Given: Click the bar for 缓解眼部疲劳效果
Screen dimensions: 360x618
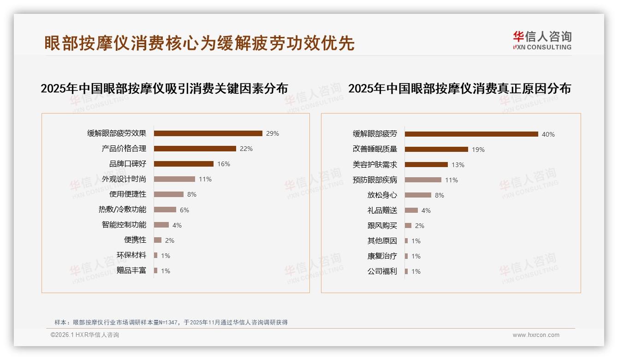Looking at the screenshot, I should click(208, 133).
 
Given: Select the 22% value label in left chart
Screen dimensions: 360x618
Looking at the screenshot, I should click(246, 149).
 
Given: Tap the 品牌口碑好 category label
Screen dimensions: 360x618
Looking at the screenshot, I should click(128, 164).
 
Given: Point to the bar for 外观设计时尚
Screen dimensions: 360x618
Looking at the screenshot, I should click(174, 179).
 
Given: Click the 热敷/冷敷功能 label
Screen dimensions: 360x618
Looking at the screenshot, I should click(122, 210).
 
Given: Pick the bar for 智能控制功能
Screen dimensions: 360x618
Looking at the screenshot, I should click(161, 225).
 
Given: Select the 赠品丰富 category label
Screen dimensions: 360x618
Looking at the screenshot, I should click(131, 270).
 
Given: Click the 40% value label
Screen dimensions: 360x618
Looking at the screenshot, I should click(548, 134).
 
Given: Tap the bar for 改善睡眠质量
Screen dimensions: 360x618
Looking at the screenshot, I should click(436, 150).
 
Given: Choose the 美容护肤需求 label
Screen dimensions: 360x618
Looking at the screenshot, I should click(375, 165).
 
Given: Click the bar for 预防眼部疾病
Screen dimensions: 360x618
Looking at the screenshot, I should click(423, 180).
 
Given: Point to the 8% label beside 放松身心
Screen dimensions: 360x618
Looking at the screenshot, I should click(440, 195).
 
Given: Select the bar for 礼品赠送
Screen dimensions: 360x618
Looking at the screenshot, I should click(411, 210).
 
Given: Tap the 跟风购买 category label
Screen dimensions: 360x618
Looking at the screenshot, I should click(382, 226).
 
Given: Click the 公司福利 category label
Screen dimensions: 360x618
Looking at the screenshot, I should click(382, 271).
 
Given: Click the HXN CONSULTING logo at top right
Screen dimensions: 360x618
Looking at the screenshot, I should click(542, 41).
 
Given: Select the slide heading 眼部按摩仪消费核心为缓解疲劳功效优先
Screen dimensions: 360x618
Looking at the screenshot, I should click(199, 43).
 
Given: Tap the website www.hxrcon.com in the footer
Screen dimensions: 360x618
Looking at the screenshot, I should click(536, 335).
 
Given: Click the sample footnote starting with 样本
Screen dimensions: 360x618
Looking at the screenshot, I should click(171, 322).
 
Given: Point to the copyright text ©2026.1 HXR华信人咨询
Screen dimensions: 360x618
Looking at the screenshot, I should click(85, 335).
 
